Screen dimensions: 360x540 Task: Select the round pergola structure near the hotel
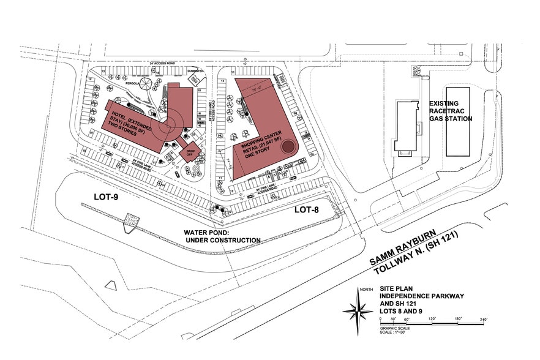146,84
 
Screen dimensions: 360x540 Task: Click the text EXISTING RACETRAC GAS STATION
451,111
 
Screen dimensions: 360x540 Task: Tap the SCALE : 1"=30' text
392,332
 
